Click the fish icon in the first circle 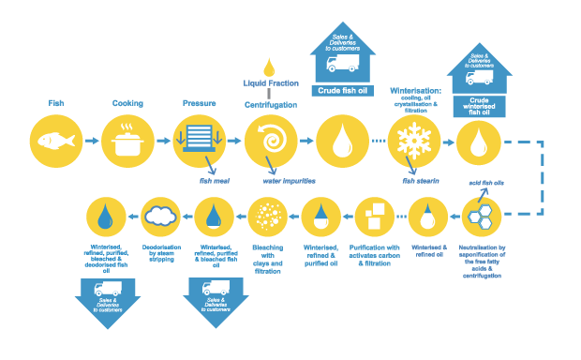(x=55, y=141)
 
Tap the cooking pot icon (x=127, y=142)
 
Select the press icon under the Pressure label (x=200, y=140)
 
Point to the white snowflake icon (x=414, y=142)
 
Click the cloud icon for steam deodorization (x=161, y=217)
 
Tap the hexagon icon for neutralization (x=482, y=217)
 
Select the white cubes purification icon (x=373, y=217)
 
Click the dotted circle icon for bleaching (x=267, y=217)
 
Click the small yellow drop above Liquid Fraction (x=270, y=67)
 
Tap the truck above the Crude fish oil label (x=342, y=64)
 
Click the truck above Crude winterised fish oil (x=479, y=78)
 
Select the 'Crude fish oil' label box (x=342, y=91)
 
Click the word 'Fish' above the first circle (x=55, y=102)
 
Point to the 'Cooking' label (x=127, y=102)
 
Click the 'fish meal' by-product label (x=214, y=180)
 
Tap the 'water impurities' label (x=290, y=180)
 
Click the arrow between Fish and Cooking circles (x=91, y=141)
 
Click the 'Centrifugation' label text (x=271, y=105)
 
